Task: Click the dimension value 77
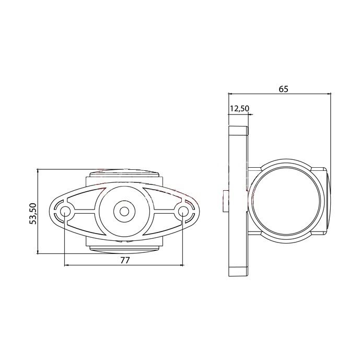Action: (125, 260)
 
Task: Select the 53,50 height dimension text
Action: (33, 213)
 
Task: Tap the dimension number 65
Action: (283, 89)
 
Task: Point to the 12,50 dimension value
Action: (239, 108)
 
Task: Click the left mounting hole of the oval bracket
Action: (65, 211)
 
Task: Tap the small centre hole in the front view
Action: (124, 211)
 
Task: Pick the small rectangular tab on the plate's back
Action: (226, 201)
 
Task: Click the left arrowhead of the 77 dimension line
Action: (67, 265)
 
